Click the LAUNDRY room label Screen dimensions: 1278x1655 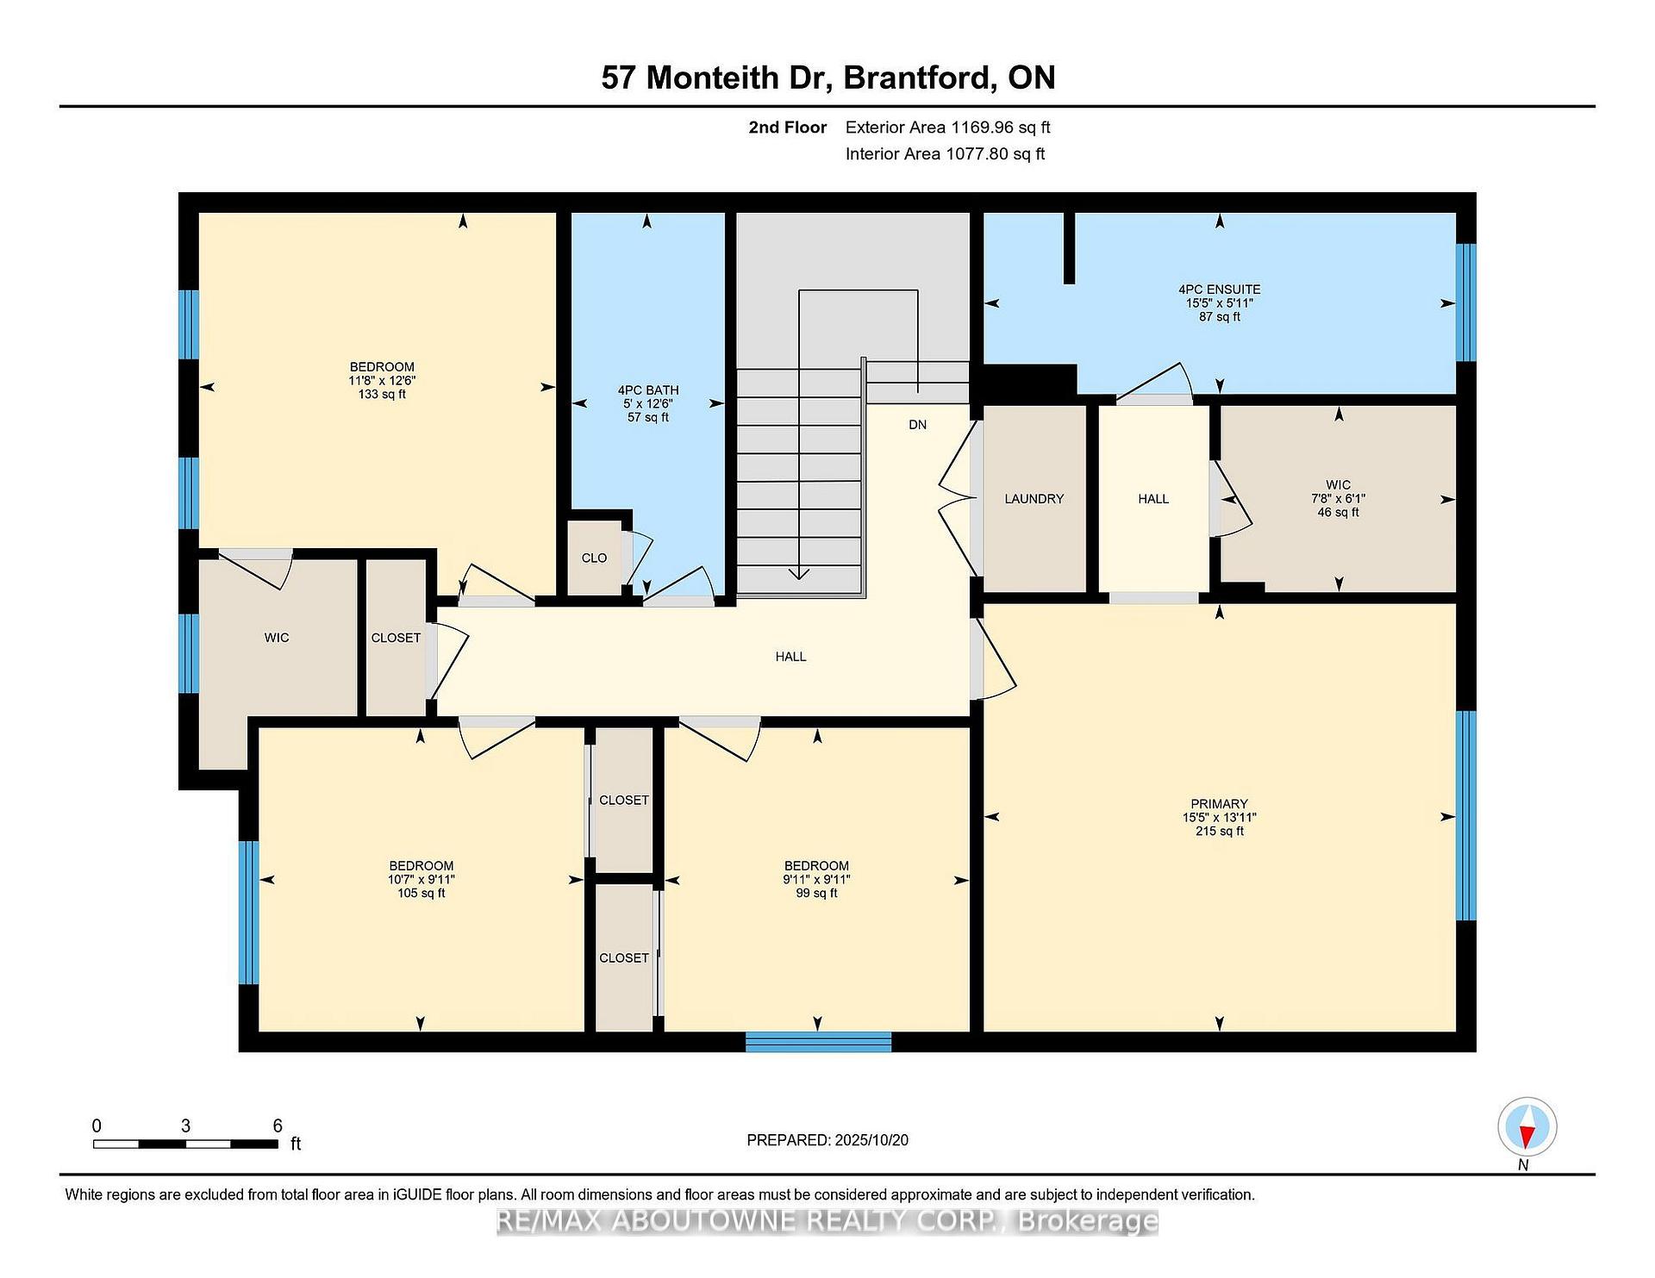tap(1034, 499)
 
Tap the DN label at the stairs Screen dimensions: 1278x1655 tap(917, 425)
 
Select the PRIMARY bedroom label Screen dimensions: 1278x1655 tap(1219, 804)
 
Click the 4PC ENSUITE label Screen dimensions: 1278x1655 tap(1219, 290)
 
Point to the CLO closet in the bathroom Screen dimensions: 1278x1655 tap(594, 558)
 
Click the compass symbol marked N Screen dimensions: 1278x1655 tap(1527, 1127)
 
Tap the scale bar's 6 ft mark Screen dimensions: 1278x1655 tap(277, 1126)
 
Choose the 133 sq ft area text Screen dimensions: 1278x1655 tap(382, 395)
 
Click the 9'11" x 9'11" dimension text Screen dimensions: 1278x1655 tap(816, 880)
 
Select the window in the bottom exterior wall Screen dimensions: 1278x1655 tap(818, 1042)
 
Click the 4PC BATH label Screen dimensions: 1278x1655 tap(648, 390)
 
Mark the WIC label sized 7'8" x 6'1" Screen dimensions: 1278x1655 tap(1338, 485)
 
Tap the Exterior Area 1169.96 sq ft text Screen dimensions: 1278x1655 tap(947, 128)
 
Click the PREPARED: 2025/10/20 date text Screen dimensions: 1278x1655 tap(827, 1140)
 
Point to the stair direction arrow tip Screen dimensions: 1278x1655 tap(799, 576)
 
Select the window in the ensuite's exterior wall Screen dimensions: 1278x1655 tap(1465, 302)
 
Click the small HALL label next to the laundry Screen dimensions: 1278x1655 tap(1153, 499)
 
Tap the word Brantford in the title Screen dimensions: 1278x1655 tap(917, 78)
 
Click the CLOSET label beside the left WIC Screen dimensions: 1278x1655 tap(396, 638)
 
